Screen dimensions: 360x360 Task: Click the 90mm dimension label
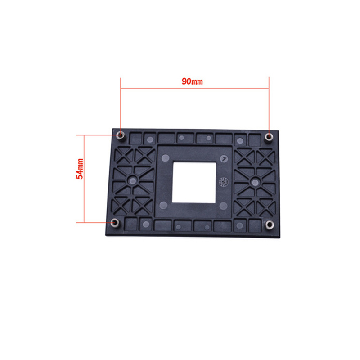tap(192, 81)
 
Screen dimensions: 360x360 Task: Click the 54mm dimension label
tap(80, 169)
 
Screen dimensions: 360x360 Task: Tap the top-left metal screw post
tap(120, 135)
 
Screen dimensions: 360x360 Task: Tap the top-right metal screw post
tap(269, 137)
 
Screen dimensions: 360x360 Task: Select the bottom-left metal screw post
tap(115, 223)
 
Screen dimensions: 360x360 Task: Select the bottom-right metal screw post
tap(270, 225)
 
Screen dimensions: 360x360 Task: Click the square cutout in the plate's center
tap(194, 183)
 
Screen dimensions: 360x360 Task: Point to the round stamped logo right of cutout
tap(224, 182)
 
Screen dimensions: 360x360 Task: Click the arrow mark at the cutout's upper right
tap(223, 158)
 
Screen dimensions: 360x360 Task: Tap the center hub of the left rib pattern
tap(133, 180)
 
